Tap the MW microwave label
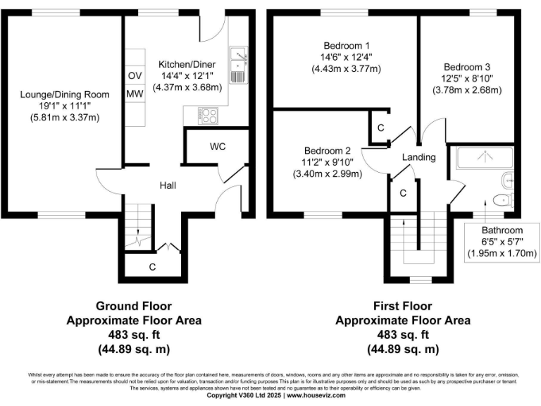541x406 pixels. [134, 94]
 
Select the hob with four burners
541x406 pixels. [209, 114]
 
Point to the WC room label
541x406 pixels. [217, 147]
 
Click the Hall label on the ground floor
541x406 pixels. [167, 185]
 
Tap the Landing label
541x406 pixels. [419, 157]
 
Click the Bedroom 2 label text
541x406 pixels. [328, 150]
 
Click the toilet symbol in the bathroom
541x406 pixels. [504, 199]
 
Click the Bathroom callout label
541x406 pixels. [502, 230]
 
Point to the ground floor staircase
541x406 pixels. [139, 226]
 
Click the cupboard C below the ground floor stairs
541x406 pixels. [151, 266]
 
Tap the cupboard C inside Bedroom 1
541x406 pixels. [380, 128]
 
